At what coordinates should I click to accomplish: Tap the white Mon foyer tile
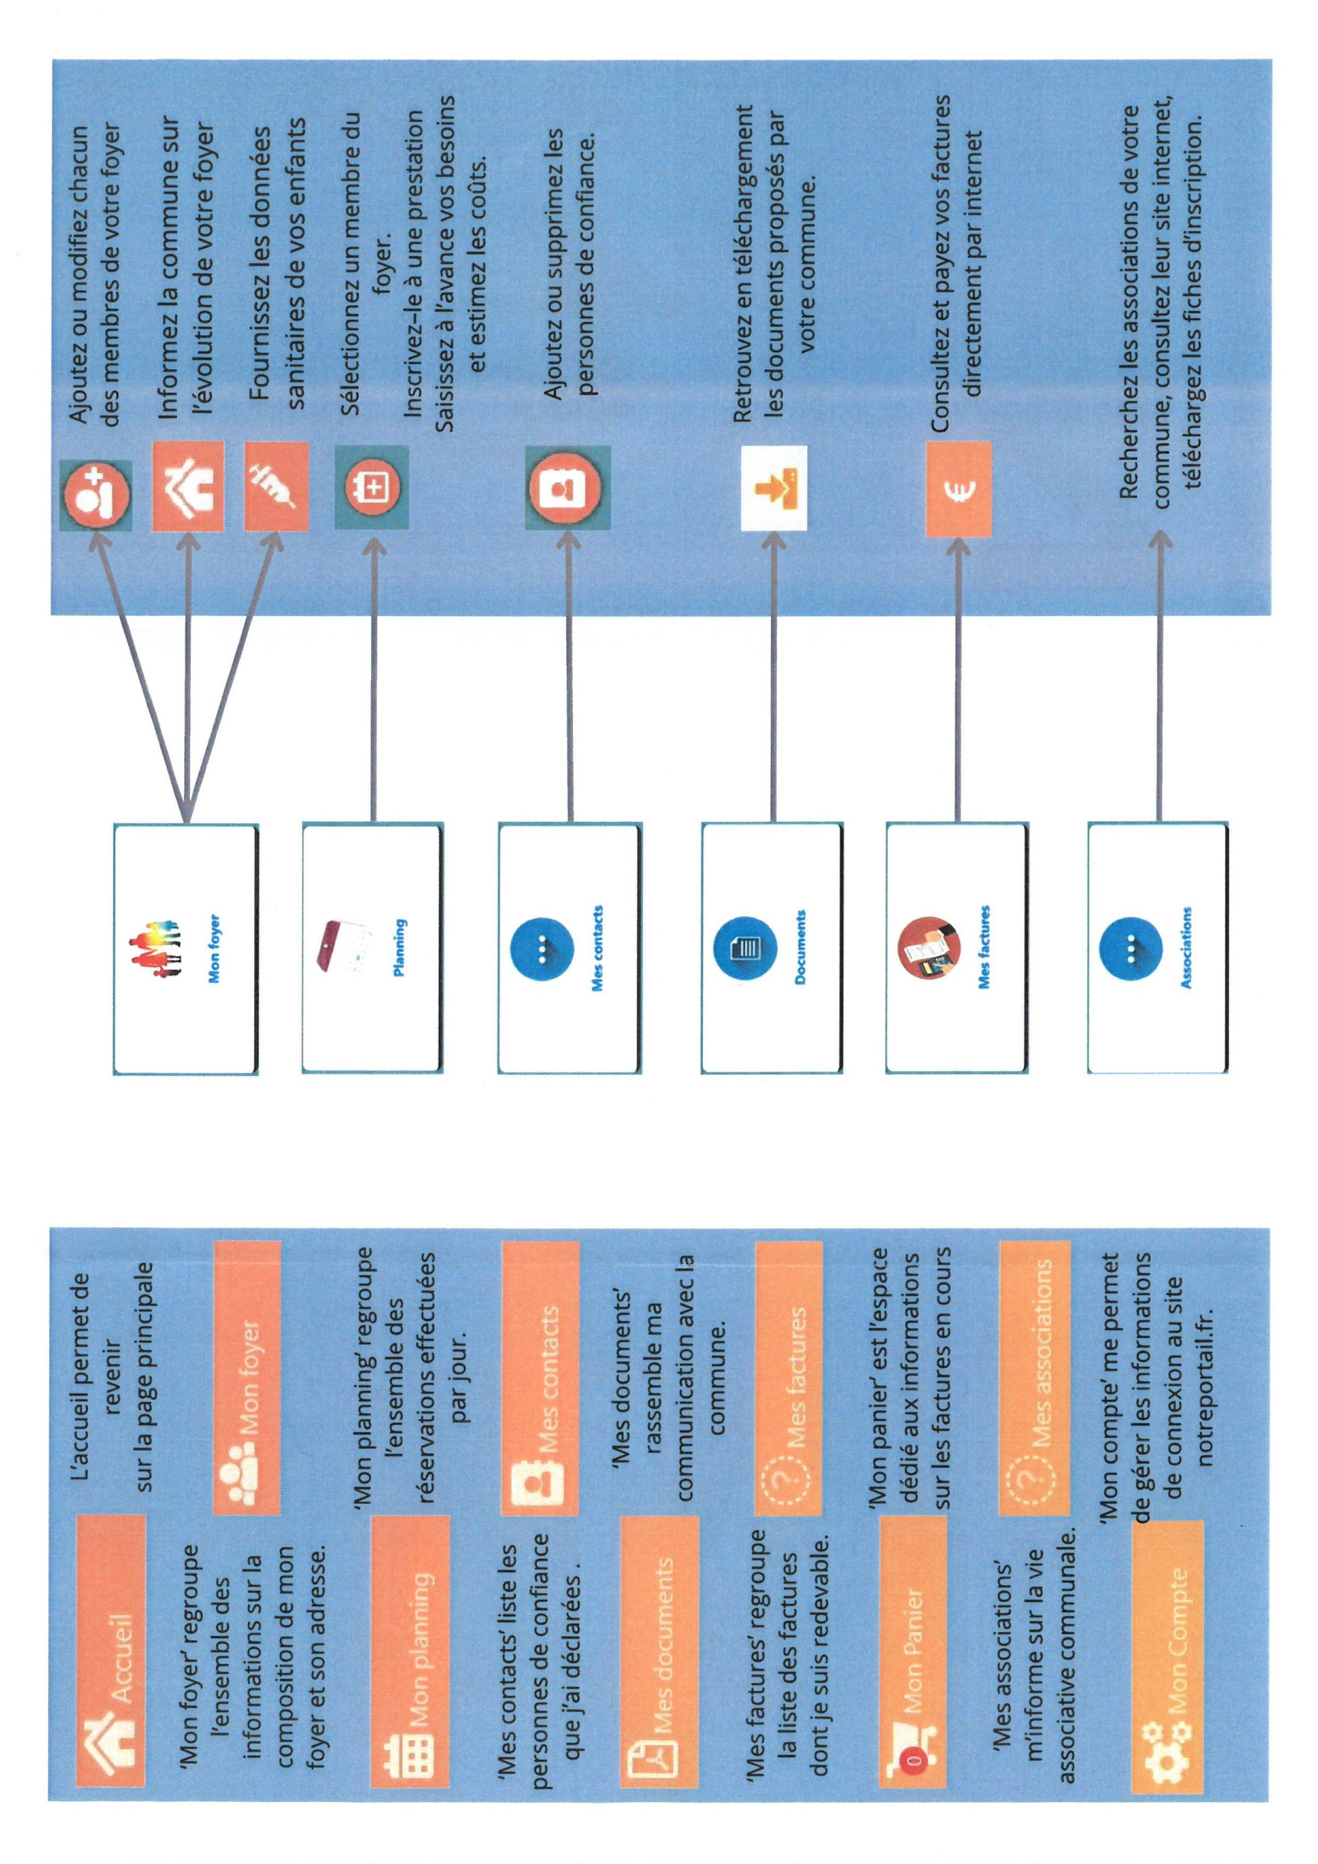click(185, 949)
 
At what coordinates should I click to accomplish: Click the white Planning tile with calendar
click(373, 948)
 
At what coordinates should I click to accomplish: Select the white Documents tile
click(771, 948)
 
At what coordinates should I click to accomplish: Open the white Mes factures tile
click(956, 948)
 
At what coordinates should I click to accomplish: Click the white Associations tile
click(1157, 948)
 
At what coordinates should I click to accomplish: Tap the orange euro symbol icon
click(958, 489)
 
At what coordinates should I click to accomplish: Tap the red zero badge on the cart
click(913, 1761)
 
